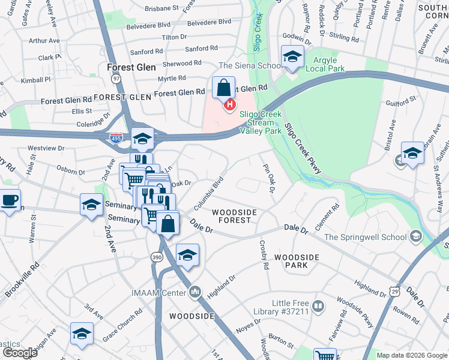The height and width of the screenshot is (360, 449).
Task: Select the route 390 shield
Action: coord(155,256)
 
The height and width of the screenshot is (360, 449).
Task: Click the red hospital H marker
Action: coord(229,106)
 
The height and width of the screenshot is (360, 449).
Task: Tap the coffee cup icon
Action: coord(9,200)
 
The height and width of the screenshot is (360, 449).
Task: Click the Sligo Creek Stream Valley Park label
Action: coord(261,122)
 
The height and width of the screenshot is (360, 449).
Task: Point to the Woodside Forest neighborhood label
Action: coord(235,217)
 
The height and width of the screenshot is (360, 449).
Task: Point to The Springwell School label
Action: coord(365,236)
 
